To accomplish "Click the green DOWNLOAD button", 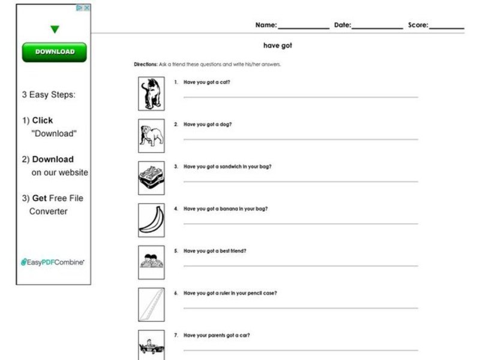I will pyautogui.click(x=54, y=52).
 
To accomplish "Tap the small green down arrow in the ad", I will pyautogui.click(x=55, y=29).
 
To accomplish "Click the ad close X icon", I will pyautogui.click(x=86, y=8).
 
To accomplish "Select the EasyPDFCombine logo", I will pyautogui.click(x=53, y=262).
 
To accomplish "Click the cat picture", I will pyautogui.click(x=151, y=94).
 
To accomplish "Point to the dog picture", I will pyautogui.click(x=151, y=136).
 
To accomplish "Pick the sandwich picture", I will pyautogui.click(x=151, y=178).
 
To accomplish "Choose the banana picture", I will pyautogui.click(x=151, y=220).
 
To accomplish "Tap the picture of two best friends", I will pyautogui.click(x=151, y=262).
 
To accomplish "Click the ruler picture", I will pyautogui.click(x=151, y=304).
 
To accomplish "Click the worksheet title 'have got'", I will pyautogui.click(x=278, y=46).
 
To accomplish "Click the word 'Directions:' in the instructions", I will pyautogui.click(x=146, y=64).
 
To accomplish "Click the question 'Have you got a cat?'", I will pyautogui.click(x=206, y=82).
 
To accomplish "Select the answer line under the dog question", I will pyautogui.click(x=300, y=139).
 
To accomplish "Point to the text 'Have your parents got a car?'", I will pyautogui.click(x=217, y=335).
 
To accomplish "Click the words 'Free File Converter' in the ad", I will pyautogui.click(x=57, y=205).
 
